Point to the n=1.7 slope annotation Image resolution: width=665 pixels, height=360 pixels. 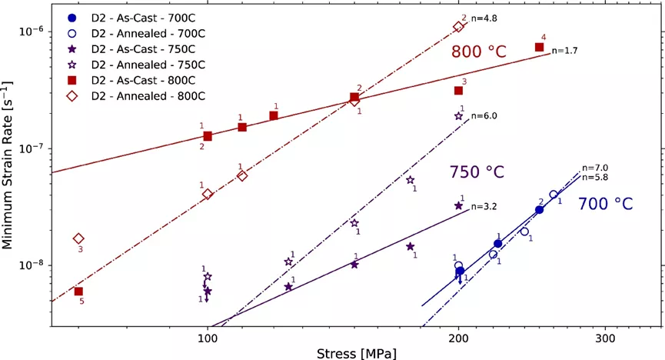[x=565, y=51]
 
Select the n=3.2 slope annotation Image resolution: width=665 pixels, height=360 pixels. [x=484, y=206]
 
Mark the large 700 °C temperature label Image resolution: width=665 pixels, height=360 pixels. [x=606, y=204]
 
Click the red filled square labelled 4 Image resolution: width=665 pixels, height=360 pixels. [x=540, y=47]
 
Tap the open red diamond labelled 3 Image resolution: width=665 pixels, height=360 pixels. [x=78, y=239]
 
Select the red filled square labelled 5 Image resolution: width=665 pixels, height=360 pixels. [x=78, y=292]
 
